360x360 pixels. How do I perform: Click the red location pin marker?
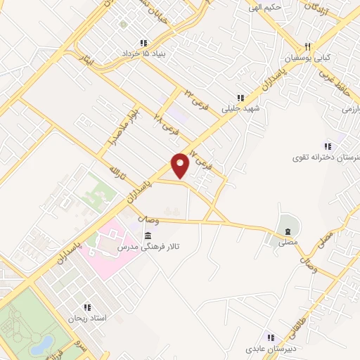[x=181, y=165]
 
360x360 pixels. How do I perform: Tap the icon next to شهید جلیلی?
[x=240, y=98]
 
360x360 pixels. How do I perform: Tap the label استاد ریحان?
[x=88, y=319]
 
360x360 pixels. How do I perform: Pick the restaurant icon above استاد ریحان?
[x=88, y=307]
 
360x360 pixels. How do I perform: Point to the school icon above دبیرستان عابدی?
[x=269, y=337]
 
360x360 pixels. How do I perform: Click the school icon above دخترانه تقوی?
[x=329, y=145]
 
